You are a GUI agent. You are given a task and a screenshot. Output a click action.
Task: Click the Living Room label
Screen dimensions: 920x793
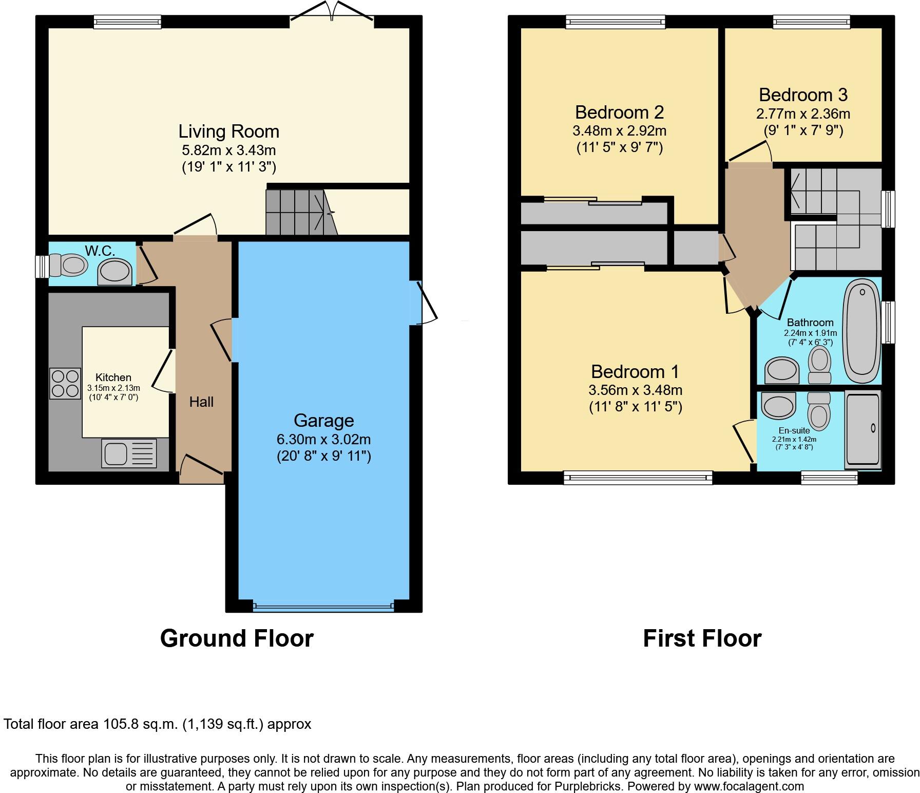[229, 131]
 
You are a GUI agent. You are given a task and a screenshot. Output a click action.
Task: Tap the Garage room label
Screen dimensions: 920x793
[324, 421]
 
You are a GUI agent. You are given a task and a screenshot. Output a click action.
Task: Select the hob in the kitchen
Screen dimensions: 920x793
[65, 384]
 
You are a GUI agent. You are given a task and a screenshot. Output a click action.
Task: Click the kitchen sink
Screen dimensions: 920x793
[129, 454]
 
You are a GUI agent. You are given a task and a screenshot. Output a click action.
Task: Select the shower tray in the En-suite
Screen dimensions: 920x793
[864, 429]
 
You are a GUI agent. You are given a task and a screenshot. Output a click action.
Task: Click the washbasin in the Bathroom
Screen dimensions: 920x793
[782, 371]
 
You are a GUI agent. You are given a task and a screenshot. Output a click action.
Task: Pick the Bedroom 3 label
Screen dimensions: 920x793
[803, 95]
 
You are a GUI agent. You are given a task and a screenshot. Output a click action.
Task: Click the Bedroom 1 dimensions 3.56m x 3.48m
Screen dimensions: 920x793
[636, 390]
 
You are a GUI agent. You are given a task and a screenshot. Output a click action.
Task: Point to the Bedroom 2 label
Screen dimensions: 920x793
[620, 112]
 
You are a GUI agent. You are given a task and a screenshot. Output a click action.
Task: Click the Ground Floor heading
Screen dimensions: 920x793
[237, 638]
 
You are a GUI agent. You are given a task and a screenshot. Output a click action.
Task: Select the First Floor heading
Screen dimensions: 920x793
[702, 638]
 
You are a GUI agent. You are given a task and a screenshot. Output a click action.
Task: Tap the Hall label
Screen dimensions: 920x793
[201, 402]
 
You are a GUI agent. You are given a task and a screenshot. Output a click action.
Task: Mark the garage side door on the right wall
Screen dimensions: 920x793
[424, 303]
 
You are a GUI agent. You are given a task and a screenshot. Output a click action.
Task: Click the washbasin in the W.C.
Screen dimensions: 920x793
[115, 272]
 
